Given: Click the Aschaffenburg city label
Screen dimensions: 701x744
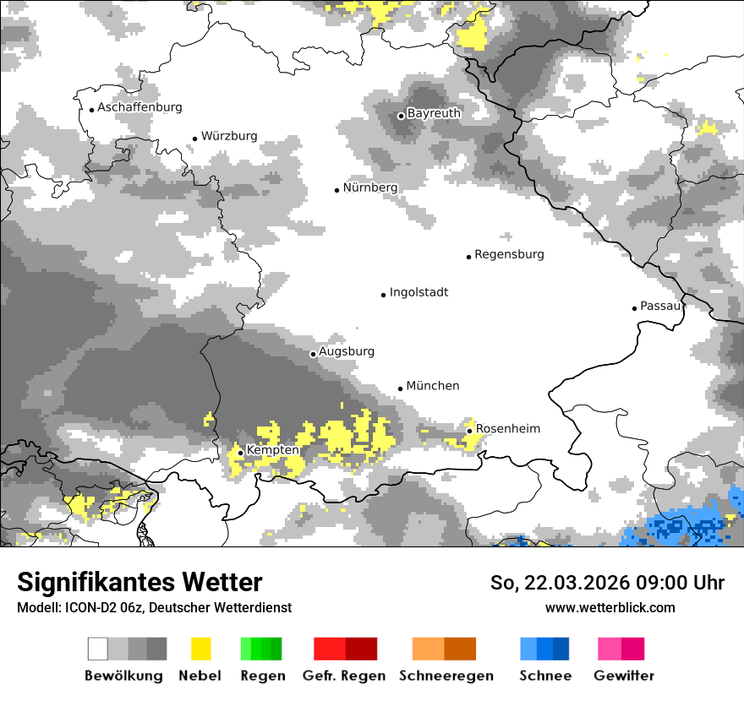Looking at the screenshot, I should click(x=139, y=107).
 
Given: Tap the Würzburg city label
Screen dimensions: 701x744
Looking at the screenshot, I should click(x=229, y=136).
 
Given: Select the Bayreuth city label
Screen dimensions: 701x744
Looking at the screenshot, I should click(x=434, y=113).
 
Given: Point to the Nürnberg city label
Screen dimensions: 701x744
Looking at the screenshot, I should click(x=370, y=187).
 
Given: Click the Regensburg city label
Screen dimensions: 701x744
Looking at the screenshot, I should click(x=509, y=254).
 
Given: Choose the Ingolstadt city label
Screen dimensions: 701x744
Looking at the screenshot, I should click(x=418, y=292).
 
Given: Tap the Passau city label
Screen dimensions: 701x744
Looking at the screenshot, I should click(x=660, y=306).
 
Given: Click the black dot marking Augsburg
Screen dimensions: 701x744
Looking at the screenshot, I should click(x=313, y=354).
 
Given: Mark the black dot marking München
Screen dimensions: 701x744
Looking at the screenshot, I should click(x=401, y=389).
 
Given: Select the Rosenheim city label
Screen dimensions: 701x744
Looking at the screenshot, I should click(x=507, y=429).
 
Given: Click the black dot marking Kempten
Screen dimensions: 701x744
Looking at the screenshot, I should click(x=240, y=453).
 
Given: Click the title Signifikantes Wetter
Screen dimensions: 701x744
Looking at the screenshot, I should click(x=139, y=583).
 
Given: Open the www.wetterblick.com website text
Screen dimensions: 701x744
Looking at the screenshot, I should click(x=610, y=608).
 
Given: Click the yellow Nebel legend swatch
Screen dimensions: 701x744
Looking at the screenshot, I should click(x=200, y=649).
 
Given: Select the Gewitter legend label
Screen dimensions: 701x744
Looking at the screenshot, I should click(x=624, y=676).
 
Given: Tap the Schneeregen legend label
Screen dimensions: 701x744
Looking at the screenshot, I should click(x=446, y=676).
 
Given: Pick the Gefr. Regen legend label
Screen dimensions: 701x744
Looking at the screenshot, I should click(x=344, y=676).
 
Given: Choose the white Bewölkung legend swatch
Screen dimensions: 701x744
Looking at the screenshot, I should click(x=98, y=649).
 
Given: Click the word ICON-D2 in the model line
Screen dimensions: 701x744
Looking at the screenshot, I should click(x=84, y=608).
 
